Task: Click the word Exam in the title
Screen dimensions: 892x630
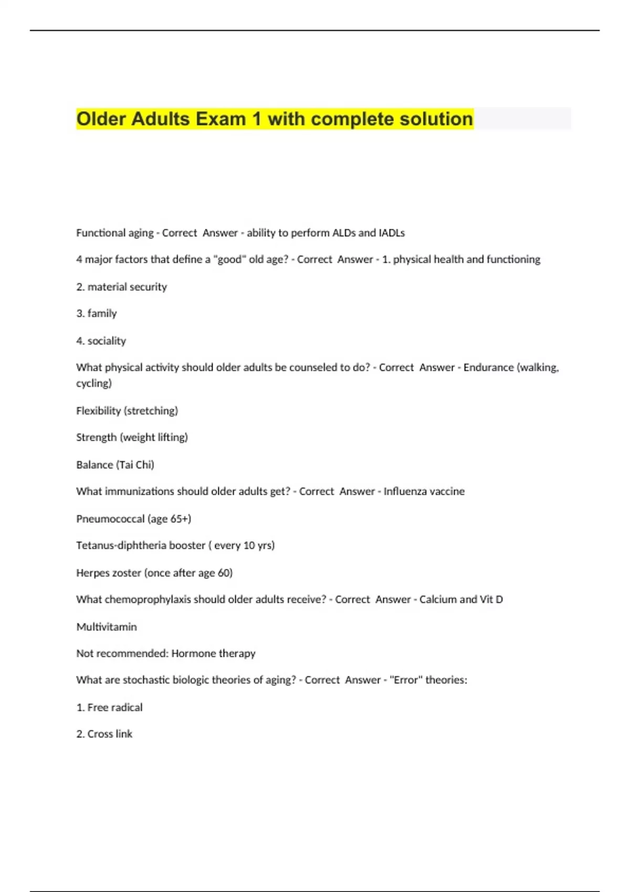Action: pos(220,119)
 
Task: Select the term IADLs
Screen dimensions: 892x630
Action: pos(392,233)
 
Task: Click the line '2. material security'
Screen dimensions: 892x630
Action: pos(122,287)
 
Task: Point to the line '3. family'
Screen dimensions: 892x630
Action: pos(97,314)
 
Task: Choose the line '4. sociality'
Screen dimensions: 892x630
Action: pos(101,341)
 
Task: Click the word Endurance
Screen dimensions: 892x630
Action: pos(488,368)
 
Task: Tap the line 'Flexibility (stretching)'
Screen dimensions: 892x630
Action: pos(127,411)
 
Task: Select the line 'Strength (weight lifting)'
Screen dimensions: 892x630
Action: pos(132,438)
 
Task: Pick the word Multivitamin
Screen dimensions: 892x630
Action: pos(107,627)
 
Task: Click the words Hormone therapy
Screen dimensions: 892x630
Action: pos(213,654)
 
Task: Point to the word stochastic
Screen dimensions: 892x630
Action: pos(146,680)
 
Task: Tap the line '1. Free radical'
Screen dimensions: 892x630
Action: pos(109,707)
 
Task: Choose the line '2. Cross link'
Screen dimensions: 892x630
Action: pos(104,734)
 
